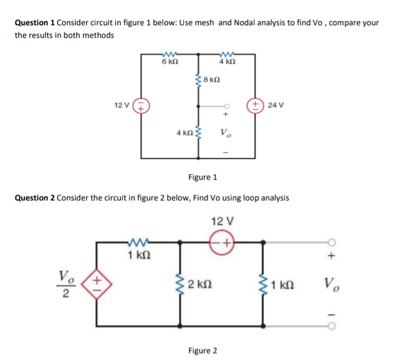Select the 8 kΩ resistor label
[x=212, y=80]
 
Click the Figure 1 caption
[x=203, y=177]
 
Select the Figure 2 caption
[x=203, y=350]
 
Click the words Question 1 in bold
[x=34, y=23]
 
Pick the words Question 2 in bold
[x=34, y=198]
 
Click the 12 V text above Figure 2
[x=221, y=221]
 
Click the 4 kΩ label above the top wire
[x=227, y=61]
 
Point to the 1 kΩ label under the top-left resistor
[x=136, y=255]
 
